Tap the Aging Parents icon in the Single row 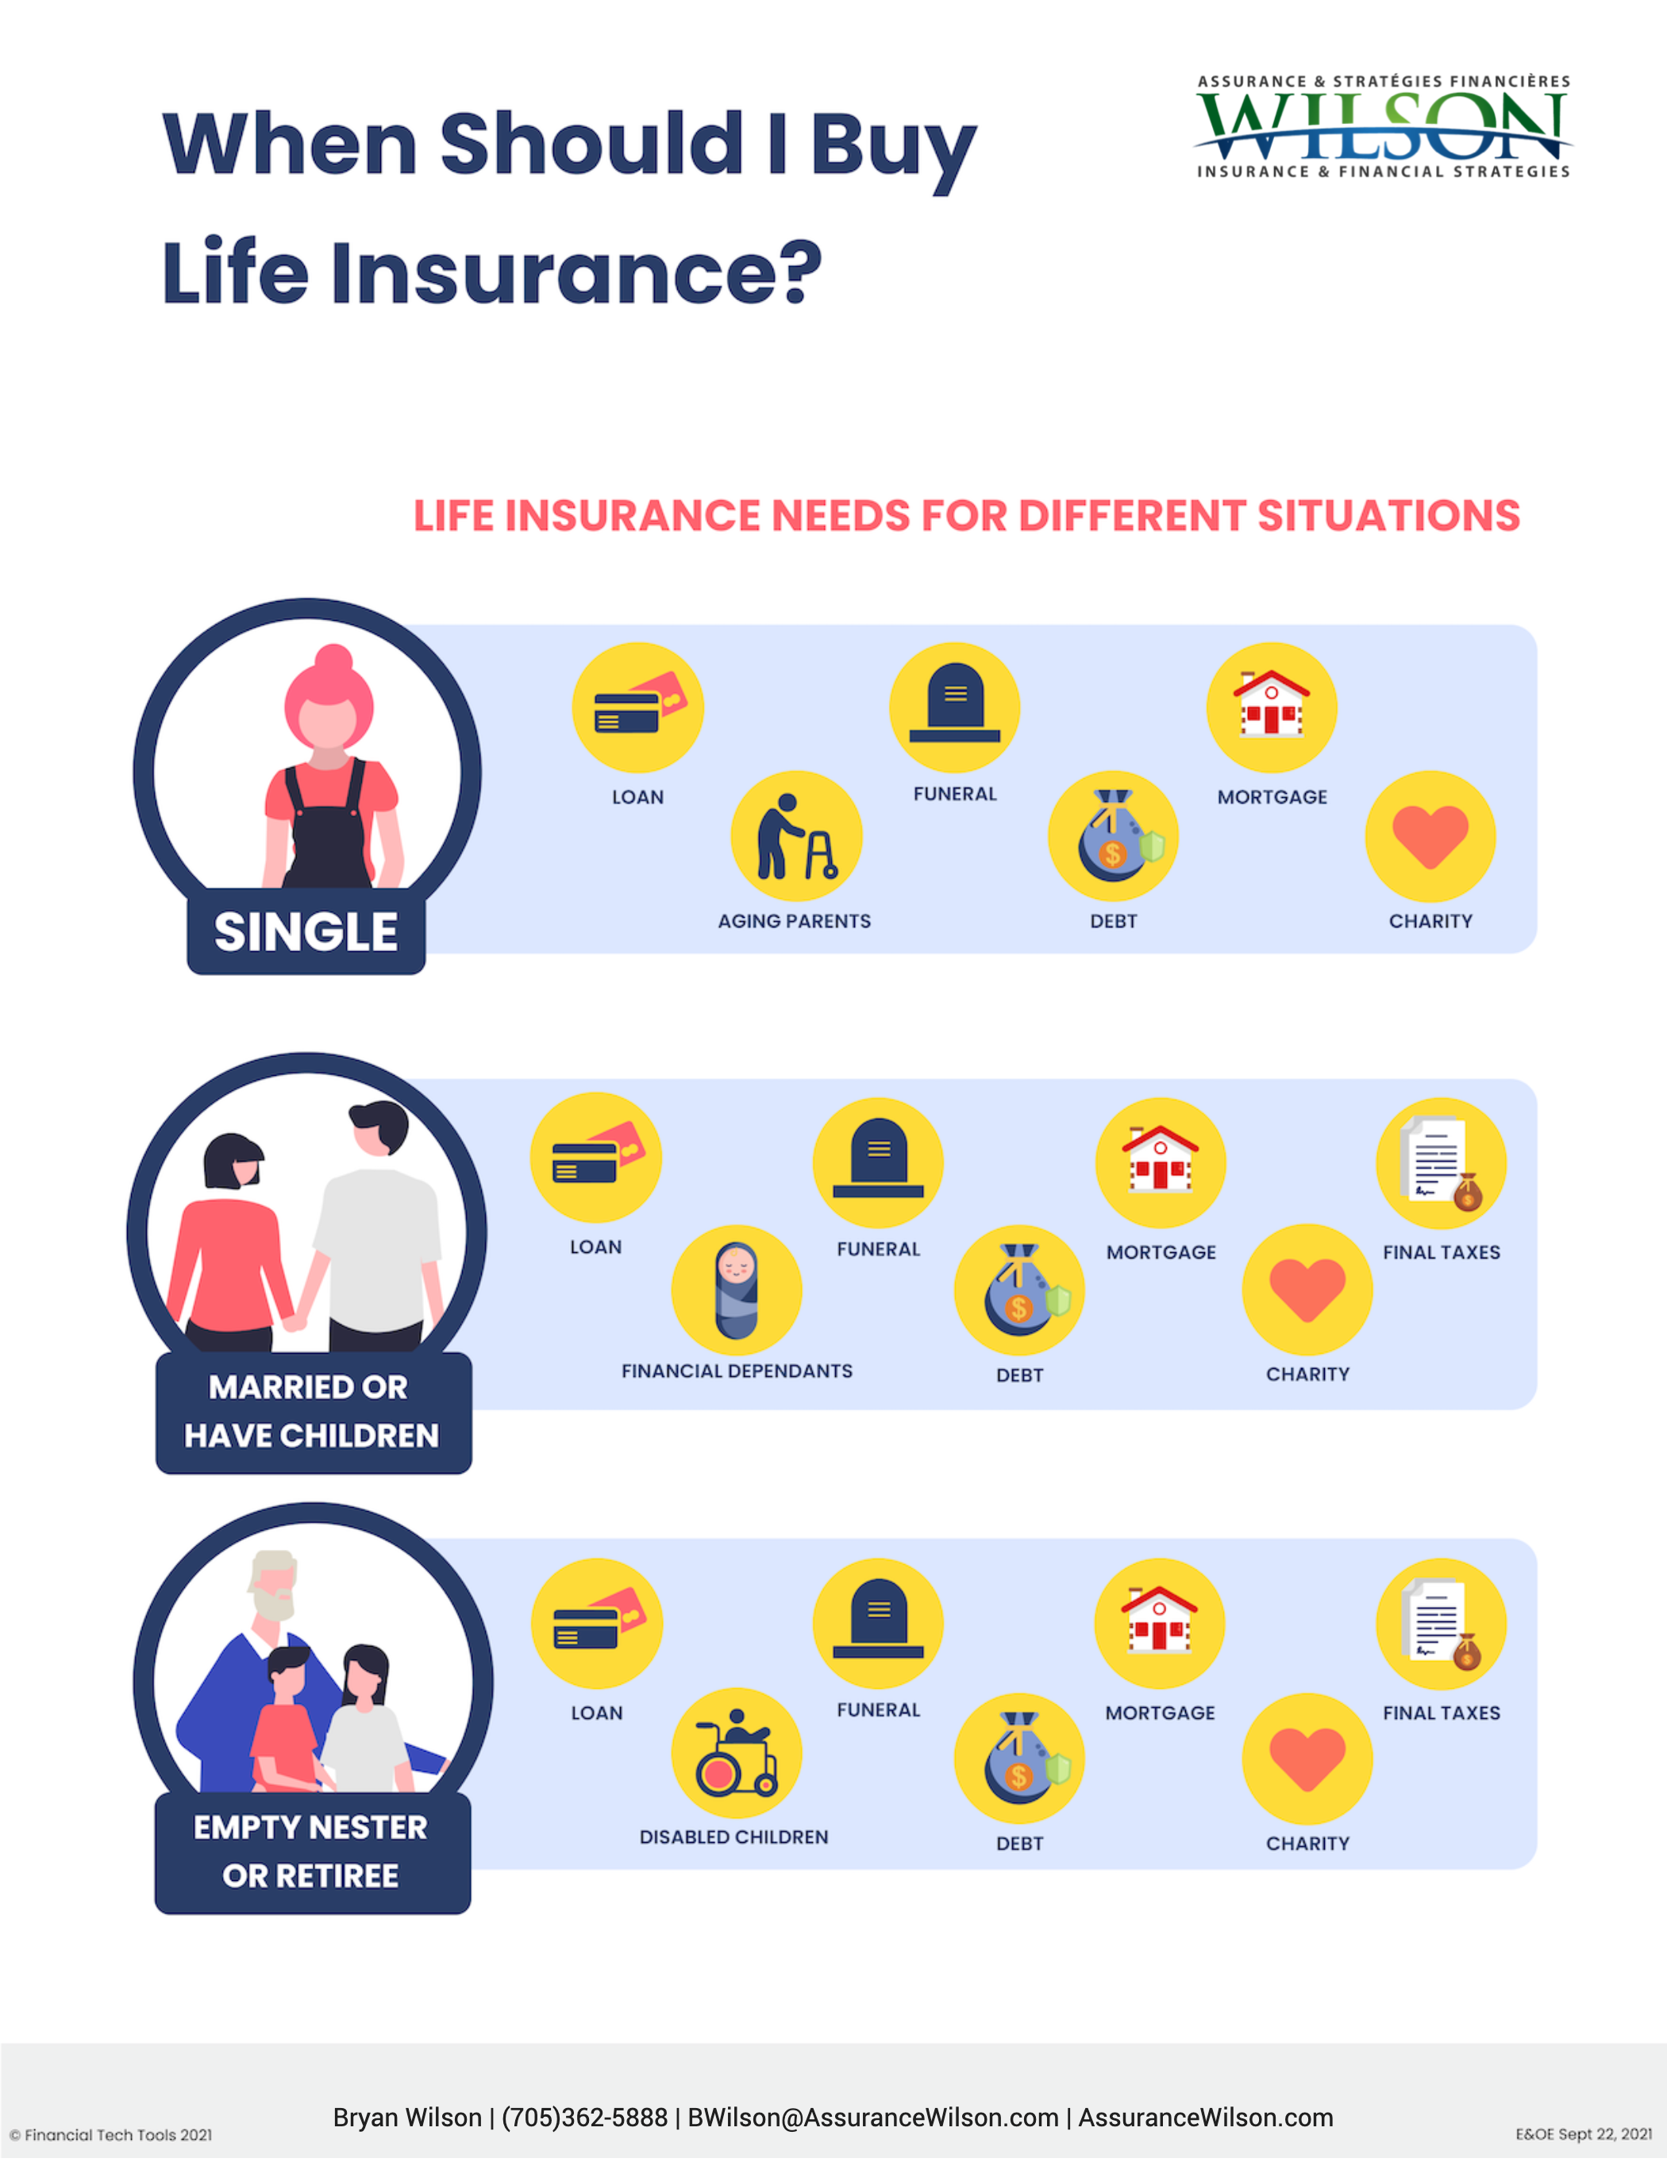coord(795,837)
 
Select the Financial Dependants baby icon coord(736,1290)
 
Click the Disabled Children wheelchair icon coord(736,1753)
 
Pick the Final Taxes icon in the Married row coord(1441,1162)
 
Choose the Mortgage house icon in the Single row coord(1272,707)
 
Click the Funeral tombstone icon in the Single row coord(954,707)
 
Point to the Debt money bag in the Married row coord(1019,1290)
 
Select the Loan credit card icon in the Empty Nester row coord(596,1624)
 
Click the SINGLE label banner coord(306,932)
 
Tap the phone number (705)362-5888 coord(584,2118)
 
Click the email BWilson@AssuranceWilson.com coord(872,2118)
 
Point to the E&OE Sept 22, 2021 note coord(1583,2133)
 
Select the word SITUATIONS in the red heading coord(1388,516)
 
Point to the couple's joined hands coord(295,1322)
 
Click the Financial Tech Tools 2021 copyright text coord(111,2134)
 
